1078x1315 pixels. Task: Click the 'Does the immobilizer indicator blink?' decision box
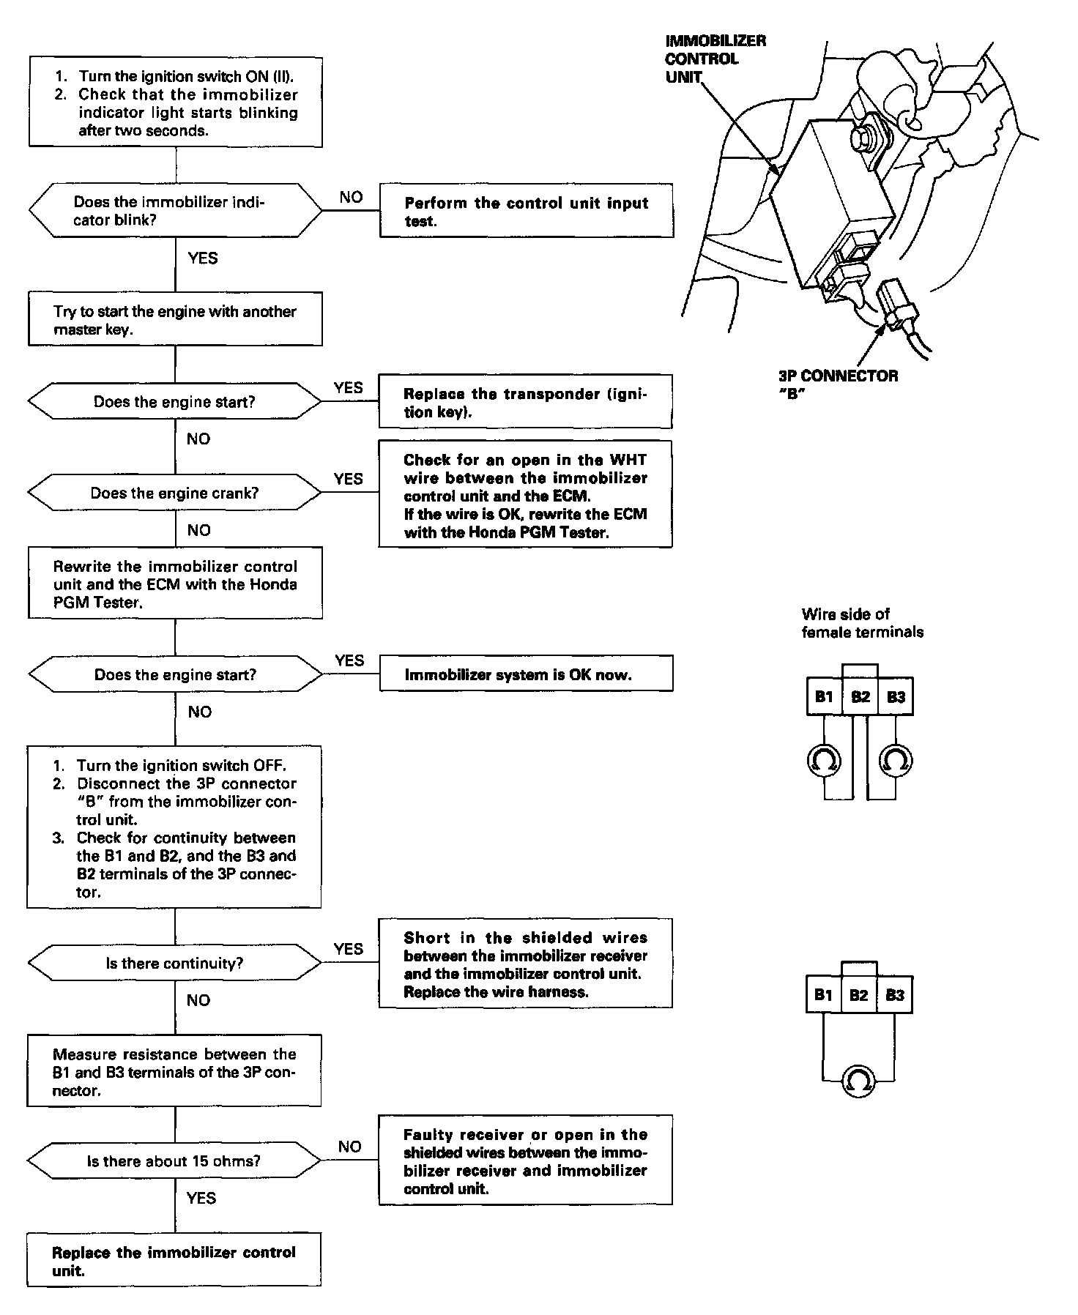tap(175, 211)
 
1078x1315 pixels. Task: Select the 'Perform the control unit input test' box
tap(526, 212)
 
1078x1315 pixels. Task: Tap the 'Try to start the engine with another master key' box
tap(175, 320)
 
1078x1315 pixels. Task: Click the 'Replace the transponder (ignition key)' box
tap(525, 403)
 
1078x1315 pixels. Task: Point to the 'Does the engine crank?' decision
tap(175, 493)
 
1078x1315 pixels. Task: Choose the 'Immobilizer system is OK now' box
tap(525, 674)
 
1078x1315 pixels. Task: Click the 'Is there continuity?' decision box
tap(175, 963)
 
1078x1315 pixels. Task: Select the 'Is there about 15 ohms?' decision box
tap(175, 1161)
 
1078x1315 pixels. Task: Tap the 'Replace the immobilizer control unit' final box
tap(174, 1261)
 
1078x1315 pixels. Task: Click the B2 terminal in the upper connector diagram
tap(860, 696)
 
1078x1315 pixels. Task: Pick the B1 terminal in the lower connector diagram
tap(823, 994)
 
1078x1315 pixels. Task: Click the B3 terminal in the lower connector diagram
tap(895, 994)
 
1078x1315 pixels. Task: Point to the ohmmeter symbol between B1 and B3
tap(858, 1080)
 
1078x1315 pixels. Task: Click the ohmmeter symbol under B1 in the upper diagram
tap(824, 761)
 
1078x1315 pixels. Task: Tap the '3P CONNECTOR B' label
tap(838, 385)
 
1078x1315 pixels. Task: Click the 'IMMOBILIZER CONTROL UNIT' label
tap(715, 59)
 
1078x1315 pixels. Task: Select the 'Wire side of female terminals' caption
tap(862, 623)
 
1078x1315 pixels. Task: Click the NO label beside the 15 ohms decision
tap(349, 1147)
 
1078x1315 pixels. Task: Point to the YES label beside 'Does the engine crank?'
tap(348, 479)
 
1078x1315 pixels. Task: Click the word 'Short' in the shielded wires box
tap(427, 938)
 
